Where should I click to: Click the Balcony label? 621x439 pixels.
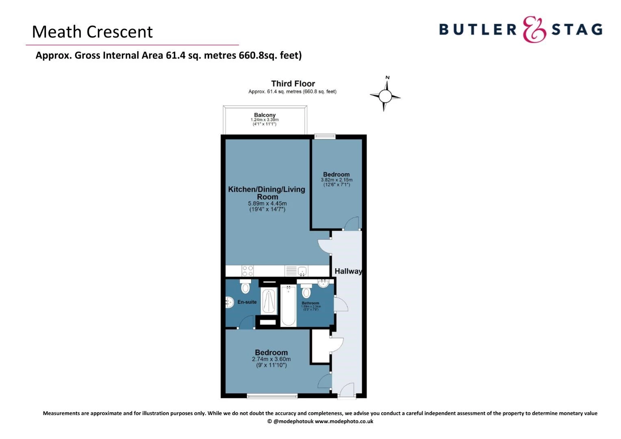point(265,115)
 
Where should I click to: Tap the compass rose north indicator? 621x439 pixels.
point(387,78)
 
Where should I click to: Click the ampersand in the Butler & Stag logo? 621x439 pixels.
point(534,29)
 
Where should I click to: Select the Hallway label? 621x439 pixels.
point(348,271)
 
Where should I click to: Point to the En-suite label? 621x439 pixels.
point(247,302)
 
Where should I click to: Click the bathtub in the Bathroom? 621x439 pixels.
point(288,306)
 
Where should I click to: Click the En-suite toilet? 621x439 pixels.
point(245,286)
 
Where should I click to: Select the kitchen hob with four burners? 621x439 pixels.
point(248,271)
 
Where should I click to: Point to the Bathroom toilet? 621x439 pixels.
point(306,291)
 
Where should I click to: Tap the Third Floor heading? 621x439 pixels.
point(293,83)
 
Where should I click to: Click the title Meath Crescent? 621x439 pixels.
point(92,32)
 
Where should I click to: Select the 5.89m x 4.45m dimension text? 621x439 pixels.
point(267,204)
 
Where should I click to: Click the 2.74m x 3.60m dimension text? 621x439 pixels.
point(271,359)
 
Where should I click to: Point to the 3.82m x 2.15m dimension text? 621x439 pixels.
point(337,180)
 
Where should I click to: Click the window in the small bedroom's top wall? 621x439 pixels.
point(325,136)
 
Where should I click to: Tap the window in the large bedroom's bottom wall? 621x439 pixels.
point(272,396)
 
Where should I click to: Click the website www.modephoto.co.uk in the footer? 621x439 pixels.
point(344,422)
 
